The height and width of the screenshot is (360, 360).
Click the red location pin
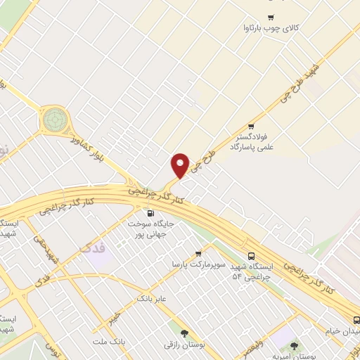(181, 165)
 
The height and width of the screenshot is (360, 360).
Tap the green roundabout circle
(53, 120)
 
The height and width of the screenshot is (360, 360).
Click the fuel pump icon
(150, 213)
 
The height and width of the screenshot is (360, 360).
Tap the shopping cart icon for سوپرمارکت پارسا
(199, 253)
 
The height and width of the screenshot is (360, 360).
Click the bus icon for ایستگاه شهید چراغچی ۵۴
(252, 257)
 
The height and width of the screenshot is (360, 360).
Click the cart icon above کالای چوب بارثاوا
(270, 17)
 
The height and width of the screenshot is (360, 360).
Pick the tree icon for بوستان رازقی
(185, 334)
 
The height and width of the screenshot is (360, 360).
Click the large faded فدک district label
(94, 247)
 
